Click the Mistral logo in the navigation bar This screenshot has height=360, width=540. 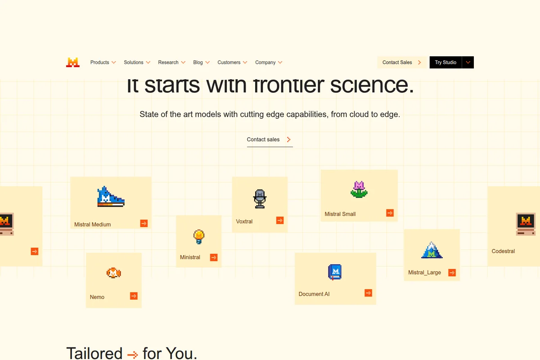click(x=73, y=63)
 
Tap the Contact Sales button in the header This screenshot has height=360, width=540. click(x=401, y=63)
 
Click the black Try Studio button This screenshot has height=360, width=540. click(x=445, y=63)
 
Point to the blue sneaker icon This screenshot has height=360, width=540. click(x=111, y=197)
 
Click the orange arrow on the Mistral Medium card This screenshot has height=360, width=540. click(x=144, y=223)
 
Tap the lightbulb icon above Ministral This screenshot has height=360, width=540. click(x=199, y=236)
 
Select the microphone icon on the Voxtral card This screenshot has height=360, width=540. click(x=260, y=198)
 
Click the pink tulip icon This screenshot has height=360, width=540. click(x=359, y=189)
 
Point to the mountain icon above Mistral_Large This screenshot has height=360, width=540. click(x=432, y=250)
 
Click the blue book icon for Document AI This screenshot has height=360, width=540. click(x=335, y=272)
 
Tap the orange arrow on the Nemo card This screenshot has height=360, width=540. click(x=134, y=296)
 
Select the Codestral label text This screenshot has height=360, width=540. click(x=503, y=251)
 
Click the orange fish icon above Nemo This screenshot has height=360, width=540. click(x=113, y=273)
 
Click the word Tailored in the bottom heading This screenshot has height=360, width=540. click(x=94, y=353)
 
